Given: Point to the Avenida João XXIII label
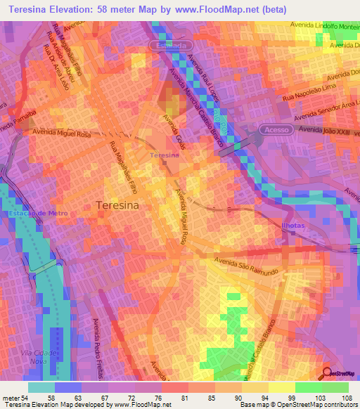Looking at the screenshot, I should pos(324,131).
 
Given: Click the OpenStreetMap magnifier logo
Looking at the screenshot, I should pos(328,374).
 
